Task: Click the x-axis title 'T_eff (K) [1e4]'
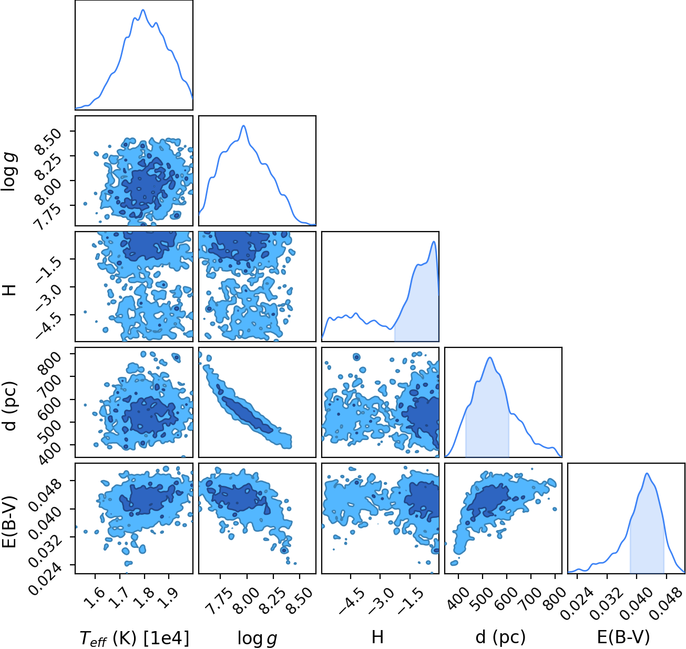tap(135, 637)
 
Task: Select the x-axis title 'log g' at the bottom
tap(258, 637)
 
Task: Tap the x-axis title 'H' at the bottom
tap(377, 636)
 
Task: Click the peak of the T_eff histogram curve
tap(143, 9)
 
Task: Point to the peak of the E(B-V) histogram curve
tap(647, 473)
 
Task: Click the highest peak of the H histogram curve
tap(434, 241)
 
